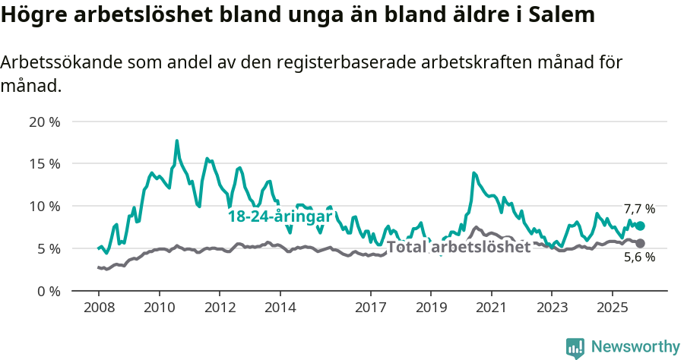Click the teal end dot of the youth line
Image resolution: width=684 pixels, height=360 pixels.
click(x=640, y=226)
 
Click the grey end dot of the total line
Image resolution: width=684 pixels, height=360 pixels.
click(x=640, y=243)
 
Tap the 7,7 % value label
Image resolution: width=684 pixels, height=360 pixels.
click(x=639, y=209)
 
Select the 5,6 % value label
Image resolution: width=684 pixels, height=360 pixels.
click(x=639, y=257)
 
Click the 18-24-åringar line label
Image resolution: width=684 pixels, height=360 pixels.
click(x=280, y=216)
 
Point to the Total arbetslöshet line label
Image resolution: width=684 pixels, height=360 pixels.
click(x=458, y=247)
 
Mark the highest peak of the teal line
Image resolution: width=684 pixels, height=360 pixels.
click(x=177, y=141)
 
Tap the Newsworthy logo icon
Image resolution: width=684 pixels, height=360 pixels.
click(x=575, y=348)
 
